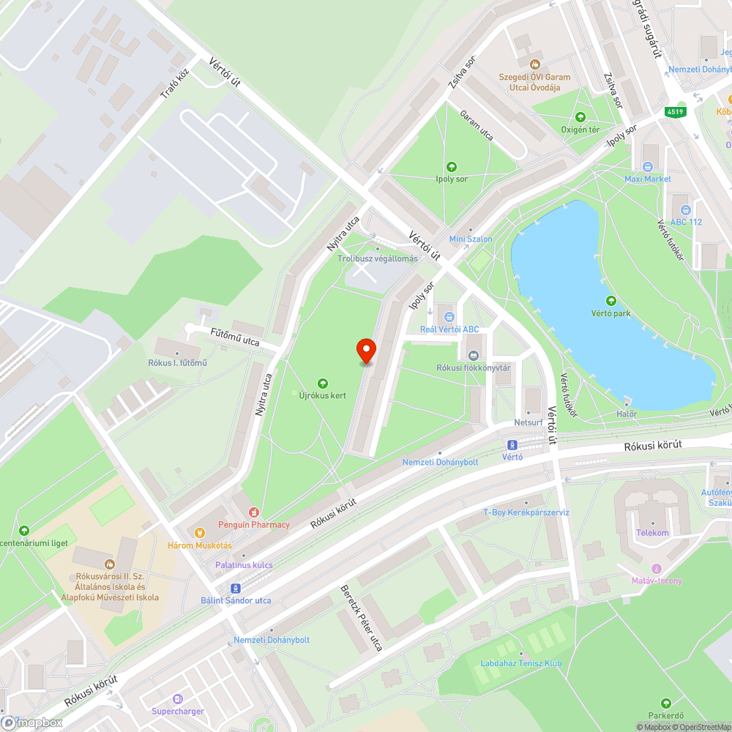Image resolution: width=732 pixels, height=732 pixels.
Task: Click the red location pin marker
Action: click(366, 351)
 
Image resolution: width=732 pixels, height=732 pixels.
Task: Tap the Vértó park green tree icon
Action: click(610, 301)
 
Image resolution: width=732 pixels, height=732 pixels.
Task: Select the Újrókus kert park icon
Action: click(322, 383)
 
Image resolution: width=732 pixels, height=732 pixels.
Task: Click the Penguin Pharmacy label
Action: click(254, 524)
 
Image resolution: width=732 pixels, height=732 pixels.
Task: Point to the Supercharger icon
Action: click(177, 699)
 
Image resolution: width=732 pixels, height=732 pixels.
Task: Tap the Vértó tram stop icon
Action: click(512, 445)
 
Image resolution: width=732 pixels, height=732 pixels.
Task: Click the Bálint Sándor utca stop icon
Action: click(236, 589)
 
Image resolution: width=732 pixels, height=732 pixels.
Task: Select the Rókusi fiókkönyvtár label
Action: click(473, 367)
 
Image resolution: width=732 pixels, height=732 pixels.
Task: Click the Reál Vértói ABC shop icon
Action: click(449, 317)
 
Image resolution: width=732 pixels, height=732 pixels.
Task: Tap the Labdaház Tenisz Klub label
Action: click(520, 663)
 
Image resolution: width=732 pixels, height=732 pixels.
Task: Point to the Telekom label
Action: click(653, 533)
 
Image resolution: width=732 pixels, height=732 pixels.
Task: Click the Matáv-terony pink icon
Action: click(657, 569)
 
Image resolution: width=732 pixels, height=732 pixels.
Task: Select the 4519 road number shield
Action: click(675, 112)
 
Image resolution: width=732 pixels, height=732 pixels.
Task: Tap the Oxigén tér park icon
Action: click(580, 117)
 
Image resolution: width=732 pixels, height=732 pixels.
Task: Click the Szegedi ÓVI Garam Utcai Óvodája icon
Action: click(534, 64)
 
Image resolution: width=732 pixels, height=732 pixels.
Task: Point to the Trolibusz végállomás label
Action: click(378, 258)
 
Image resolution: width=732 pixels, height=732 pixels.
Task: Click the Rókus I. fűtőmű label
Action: click(178, 363)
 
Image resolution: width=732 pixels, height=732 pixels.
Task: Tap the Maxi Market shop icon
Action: click(648, 168)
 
